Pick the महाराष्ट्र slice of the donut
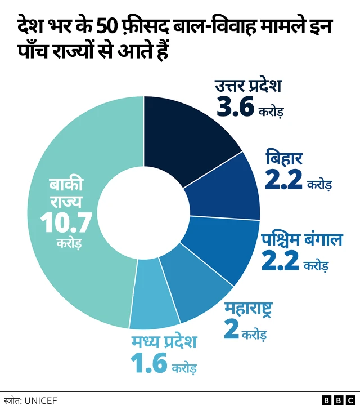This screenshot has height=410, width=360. click(194, 287)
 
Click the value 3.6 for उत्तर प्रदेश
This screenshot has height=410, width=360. click(236, 108)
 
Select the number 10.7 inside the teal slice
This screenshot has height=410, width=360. click(66, 223)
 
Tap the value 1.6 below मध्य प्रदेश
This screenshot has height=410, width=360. click(148, 363)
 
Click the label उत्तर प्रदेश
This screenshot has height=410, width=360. click(248, 87)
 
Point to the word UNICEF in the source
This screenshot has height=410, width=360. click(39, 400)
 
